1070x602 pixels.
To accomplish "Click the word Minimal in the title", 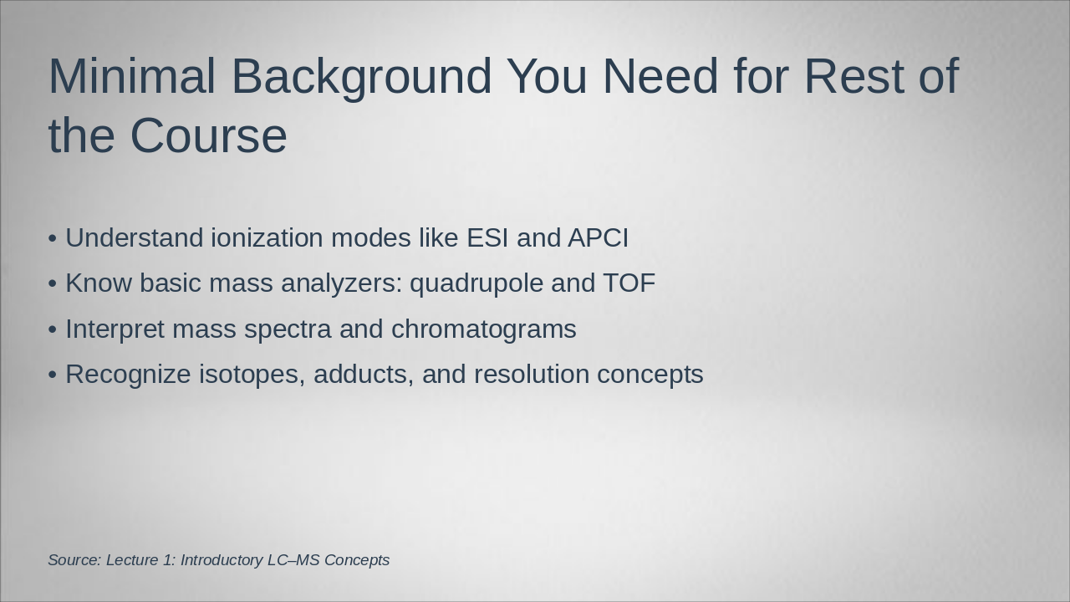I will click(131, 76).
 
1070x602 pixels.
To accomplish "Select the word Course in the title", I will click(208, 135).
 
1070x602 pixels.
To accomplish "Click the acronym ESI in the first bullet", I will click(487, 238).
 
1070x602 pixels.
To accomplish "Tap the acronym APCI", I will click(598, 238).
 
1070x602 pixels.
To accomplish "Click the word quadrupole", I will click(476, 283).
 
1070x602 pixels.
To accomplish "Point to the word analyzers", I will click(341, 283).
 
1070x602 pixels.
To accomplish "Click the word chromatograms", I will click(483, 329).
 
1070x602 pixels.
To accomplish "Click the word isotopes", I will click(252, 375).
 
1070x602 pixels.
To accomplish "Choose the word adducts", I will click(364, 375).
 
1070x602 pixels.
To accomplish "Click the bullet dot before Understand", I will click(53, 239).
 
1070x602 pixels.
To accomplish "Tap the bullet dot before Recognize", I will click(53, 375).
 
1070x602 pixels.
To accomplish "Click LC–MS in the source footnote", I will click(293, 560).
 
